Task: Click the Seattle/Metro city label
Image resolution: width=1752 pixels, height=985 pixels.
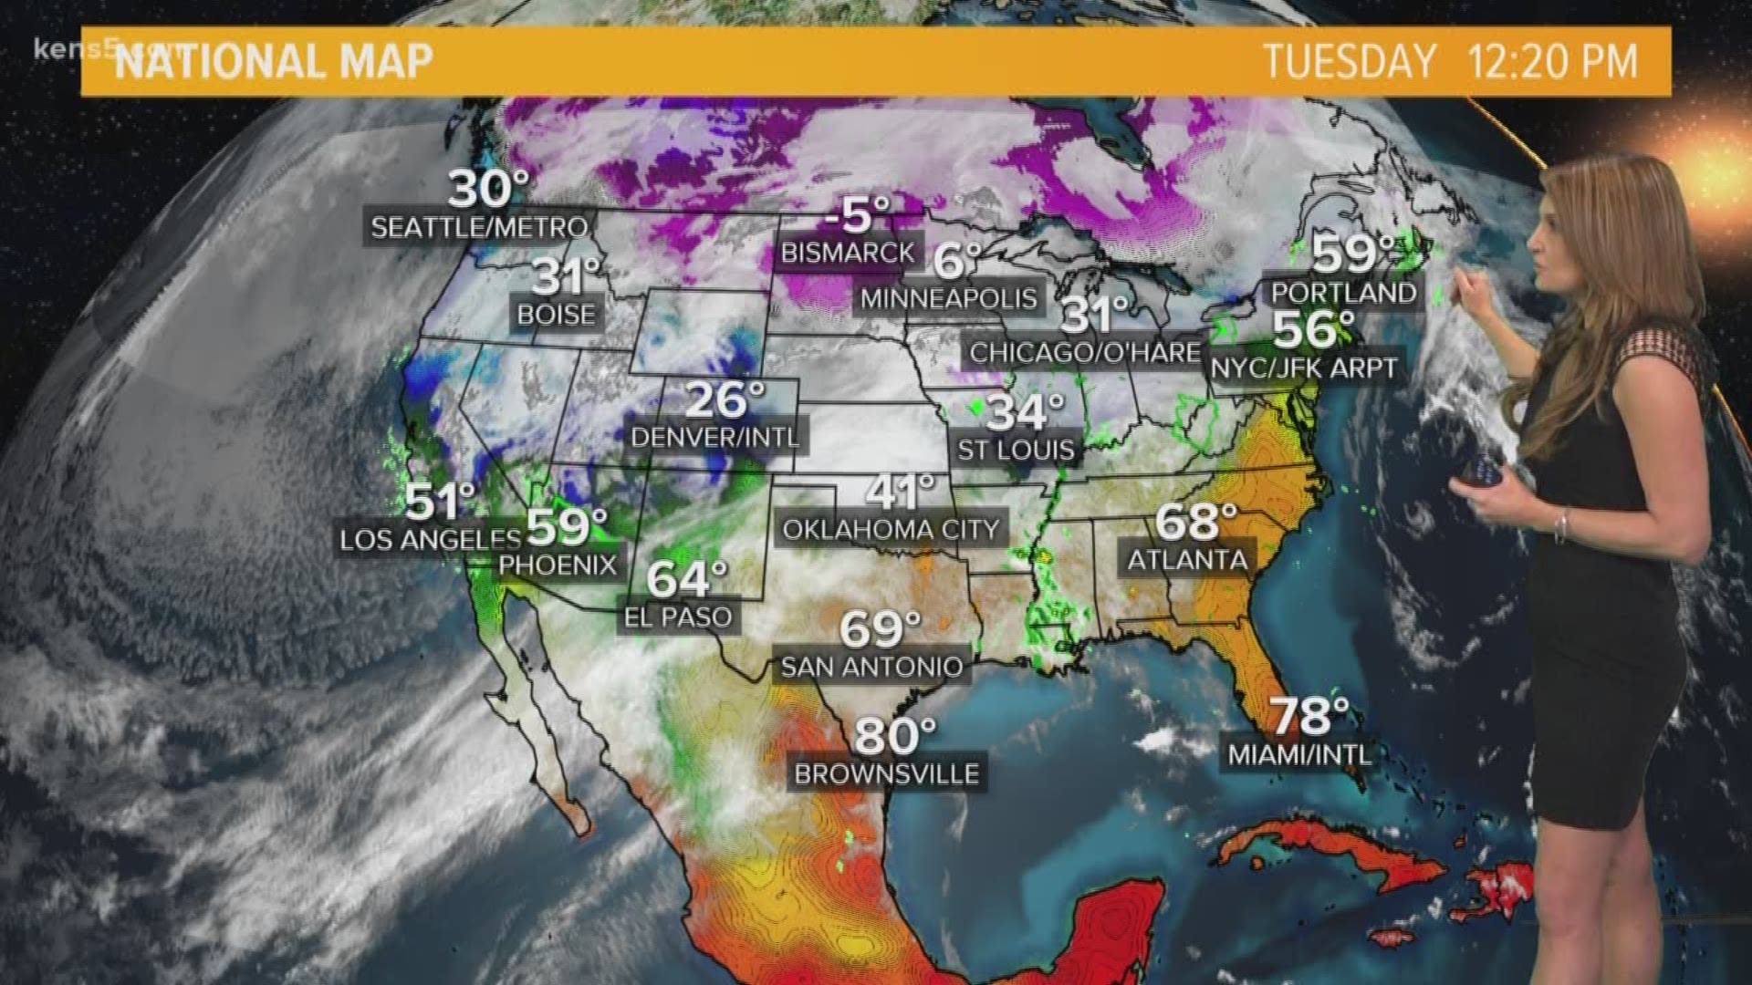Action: click(x=479, y=227)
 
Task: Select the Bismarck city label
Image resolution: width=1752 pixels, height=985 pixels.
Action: click(x=848, y=253)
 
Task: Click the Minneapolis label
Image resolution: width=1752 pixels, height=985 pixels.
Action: click(x=949, y=298)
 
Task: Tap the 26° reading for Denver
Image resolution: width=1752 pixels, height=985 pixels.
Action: click(x=725, y=399)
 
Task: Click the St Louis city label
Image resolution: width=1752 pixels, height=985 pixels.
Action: click(x=1017, y=450)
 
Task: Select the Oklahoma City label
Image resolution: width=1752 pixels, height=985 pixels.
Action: click(x=892, y=530)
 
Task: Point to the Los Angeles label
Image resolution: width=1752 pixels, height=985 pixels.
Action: click(x=417, y=540)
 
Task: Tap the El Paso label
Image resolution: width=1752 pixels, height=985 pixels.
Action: click(x=678, y=617)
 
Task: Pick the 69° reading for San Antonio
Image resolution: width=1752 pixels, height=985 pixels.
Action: click(x=880, y=628)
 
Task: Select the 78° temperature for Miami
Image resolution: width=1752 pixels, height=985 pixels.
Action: click(x=1309, y=717)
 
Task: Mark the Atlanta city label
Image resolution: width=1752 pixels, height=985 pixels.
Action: click(x=1187, y=559)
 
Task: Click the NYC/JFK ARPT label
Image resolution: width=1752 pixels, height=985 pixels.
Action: click(x=1304, y=368)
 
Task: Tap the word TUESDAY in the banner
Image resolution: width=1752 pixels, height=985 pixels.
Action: click(x=1350, y=62)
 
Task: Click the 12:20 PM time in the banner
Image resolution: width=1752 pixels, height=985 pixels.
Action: click(x=1552, y=62)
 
